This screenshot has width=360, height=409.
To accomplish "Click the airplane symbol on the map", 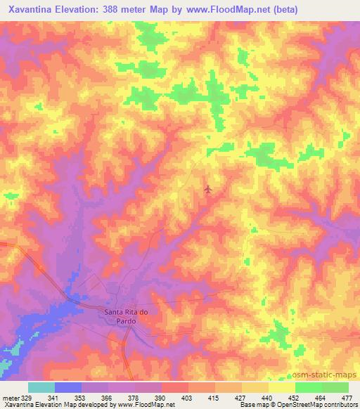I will [207, 189].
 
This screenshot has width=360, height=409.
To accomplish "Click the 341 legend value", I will [53, 398].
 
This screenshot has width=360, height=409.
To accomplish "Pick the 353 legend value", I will [80, 398].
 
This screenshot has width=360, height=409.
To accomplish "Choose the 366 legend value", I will [107, 398].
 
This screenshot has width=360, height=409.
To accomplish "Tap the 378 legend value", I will [134, 398].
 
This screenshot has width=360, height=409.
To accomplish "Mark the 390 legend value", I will [160, 398].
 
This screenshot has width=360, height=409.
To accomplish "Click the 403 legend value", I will [187, 398].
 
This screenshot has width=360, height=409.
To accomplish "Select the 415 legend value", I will [214, 398].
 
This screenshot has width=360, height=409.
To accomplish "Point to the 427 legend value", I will [240, 398].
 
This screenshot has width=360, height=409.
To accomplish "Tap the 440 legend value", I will [267, 398].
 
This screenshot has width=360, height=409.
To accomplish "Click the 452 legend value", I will [294, 398].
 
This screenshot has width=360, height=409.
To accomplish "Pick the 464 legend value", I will [321, 398].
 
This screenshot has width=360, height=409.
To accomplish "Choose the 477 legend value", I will [347, 398].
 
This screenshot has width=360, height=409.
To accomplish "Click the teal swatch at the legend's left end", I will [41, 387].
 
